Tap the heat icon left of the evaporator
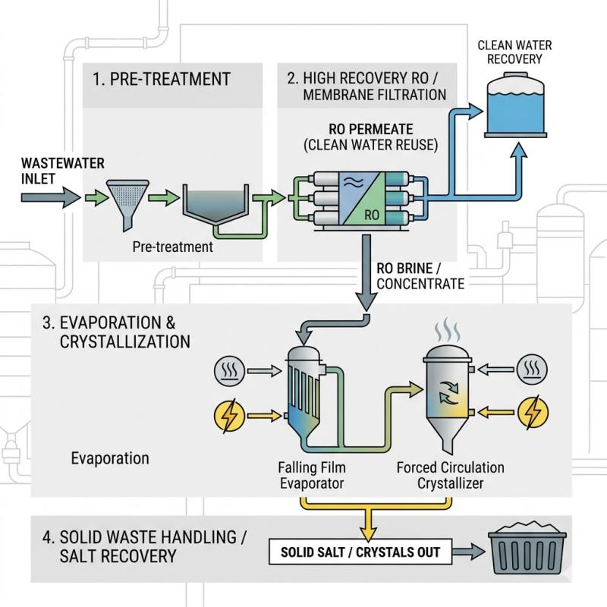tap(229, 371)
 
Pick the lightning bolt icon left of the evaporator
tap(229, 414)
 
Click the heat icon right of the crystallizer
tap(531, 370)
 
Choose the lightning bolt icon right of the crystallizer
tap(531, 414)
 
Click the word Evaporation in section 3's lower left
tap(110, 458)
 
